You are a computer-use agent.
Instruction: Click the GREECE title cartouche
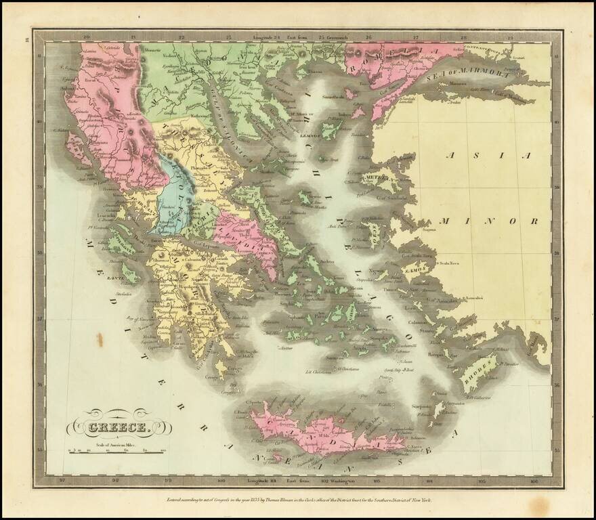pos(119,427)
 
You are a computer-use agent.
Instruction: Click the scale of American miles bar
pos(116,450)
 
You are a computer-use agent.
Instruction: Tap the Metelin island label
pos(374,178)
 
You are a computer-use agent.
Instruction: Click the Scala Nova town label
pos(452,263)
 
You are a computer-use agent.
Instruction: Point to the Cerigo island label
pos(215,377)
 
